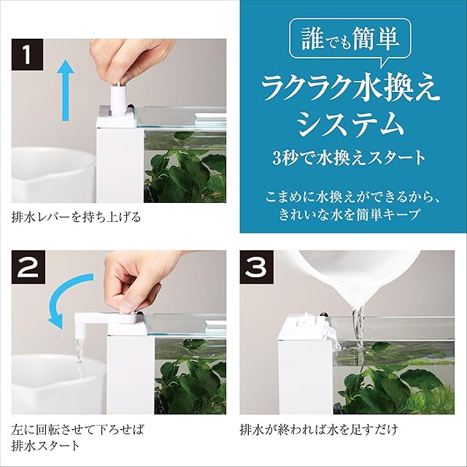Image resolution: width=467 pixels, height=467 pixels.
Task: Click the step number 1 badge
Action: click(28, 55)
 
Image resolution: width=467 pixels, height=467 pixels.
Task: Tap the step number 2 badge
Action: click(28, 267)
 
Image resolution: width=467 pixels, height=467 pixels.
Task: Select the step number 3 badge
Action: click(257, 267)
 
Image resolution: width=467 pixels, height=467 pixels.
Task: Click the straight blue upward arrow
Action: click(65, 90)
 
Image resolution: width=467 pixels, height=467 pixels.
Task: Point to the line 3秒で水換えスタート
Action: click(349, 158)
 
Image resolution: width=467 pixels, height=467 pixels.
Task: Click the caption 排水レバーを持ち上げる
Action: click(76, 217)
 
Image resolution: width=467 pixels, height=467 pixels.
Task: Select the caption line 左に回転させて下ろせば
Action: click(77, 430)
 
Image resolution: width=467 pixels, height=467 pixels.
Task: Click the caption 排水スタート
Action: click(45, 446)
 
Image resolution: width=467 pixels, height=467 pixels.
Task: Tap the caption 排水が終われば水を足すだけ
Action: click(319, 430)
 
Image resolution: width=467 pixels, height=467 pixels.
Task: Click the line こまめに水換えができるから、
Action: click(352, 197)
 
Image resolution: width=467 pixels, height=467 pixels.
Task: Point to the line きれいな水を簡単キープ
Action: click(350, 214)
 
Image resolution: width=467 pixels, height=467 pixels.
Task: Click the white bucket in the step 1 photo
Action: click(53, 175)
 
